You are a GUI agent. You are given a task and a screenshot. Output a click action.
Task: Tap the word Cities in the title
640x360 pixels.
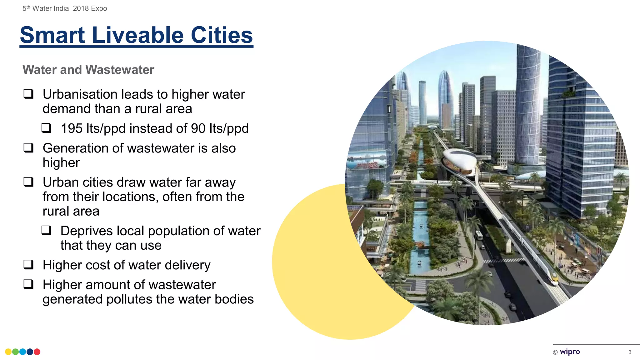(222, 35)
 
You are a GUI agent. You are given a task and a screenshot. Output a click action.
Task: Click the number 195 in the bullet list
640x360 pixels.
(72, 128)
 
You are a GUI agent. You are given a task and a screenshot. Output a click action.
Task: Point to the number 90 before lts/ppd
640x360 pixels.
(198, 128)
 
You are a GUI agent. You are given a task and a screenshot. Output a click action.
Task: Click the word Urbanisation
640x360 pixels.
(80, 94)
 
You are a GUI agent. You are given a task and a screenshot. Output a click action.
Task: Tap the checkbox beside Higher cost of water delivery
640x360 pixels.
(28, 265)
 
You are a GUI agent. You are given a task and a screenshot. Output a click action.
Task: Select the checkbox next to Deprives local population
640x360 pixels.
(46, 231)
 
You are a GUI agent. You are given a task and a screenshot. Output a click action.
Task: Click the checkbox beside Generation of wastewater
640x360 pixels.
(28, 147)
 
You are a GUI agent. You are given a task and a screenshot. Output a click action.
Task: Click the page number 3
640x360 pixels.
(630, 352)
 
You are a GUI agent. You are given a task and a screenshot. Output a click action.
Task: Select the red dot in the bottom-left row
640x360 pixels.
(37, 352)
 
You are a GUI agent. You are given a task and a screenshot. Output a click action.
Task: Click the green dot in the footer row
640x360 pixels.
(15, 352)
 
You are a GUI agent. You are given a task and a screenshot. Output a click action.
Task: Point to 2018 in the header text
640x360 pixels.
(81, 8)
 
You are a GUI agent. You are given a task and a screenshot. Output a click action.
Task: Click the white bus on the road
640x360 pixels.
(478, 235)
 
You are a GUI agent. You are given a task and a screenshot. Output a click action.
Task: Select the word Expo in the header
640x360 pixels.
(99, 8)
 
